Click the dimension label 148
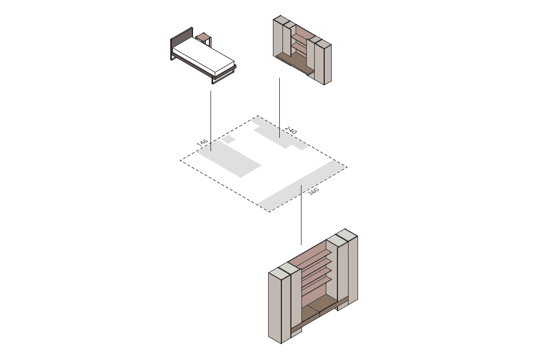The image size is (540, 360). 202,143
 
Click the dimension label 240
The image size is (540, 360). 291,131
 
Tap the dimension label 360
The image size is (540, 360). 313,191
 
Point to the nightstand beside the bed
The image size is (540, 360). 204,39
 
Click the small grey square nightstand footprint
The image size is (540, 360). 227,140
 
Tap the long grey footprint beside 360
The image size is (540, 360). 301,186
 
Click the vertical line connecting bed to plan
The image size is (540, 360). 211,121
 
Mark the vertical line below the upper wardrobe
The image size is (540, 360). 279,108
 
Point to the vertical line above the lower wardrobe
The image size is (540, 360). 301,215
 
